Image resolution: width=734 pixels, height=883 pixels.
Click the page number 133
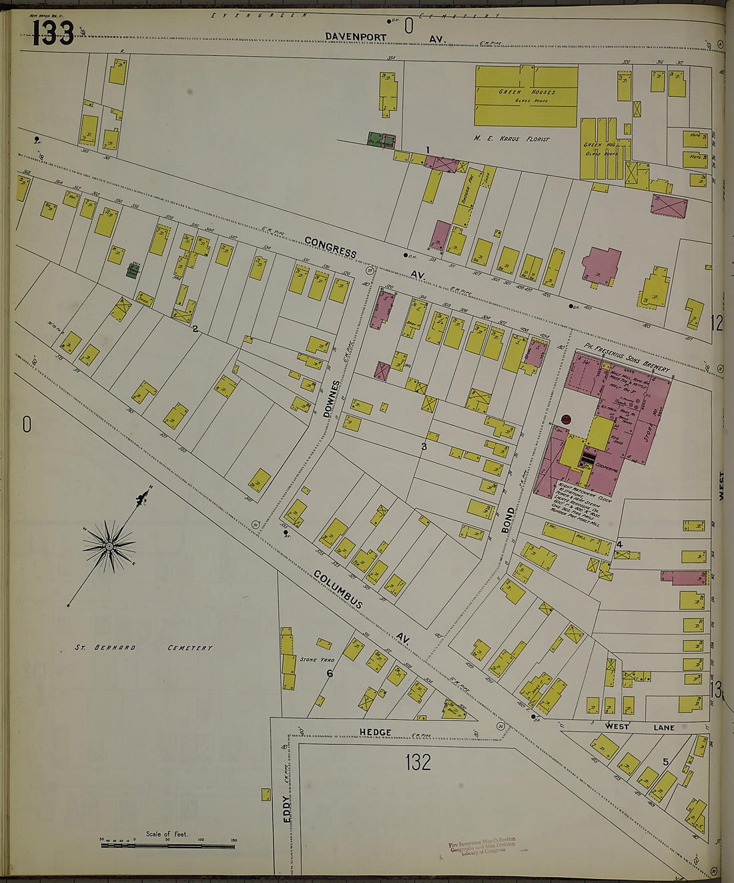(52, 33)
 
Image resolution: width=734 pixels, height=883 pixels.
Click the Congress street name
(330, 246)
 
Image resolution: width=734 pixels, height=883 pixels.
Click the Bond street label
(510, 520)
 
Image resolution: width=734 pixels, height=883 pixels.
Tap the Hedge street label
(376, 732)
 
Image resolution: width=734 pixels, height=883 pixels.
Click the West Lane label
(639, 727)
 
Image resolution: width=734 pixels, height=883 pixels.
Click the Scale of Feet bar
(167, 846)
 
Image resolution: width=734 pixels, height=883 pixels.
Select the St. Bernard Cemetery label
(143, 647)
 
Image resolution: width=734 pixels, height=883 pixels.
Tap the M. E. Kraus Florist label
(512, 139)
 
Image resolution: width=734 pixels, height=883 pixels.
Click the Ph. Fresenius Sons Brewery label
(627, 358)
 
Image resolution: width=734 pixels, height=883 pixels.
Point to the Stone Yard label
(317, 659)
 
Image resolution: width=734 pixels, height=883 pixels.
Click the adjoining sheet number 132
(418, 762)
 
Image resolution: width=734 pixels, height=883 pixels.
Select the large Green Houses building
(526, 95)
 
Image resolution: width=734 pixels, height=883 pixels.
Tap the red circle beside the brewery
(566, 419)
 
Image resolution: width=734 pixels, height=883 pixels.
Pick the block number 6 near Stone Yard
(329, 673)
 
